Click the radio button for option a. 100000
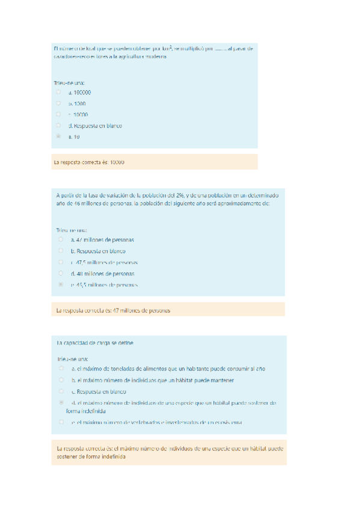(58, 93)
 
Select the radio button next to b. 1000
(58, 103)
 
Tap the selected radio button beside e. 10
(58, 137)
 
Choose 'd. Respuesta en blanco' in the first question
(95, 126)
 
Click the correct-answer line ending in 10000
(89, 162)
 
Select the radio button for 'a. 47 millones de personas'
(61, 239)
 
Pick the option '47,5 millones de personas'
(105, 262)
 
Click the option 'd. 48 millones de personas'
(102, 273)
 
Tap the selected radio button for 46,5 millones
(61, 284)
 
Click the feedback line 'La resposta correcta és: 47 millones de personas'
(113, 310)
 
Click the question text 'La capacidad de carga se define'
(95, 343)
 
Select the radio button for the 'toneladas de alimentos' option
(61, 368)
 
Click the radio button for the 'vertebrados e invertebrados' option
(61, 422)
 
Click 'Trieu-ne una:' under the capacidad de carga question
(72, 358)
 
